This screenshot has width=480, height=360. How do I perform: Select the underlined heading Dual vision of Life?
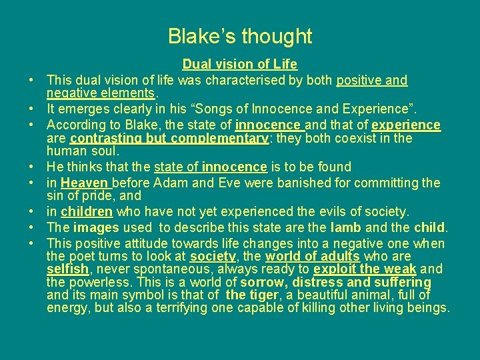(x=240, y=65)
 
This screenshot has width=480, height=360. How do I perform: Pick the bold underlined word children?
(x=87, y=212)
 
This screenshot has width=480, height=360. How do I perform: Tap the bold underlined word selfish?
(x=67, y=269)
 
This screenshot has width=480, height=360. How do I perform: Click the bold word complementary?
(x=221, y=139)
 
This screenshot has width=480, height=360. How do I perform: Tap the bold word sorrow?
(x=263, y=282)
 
